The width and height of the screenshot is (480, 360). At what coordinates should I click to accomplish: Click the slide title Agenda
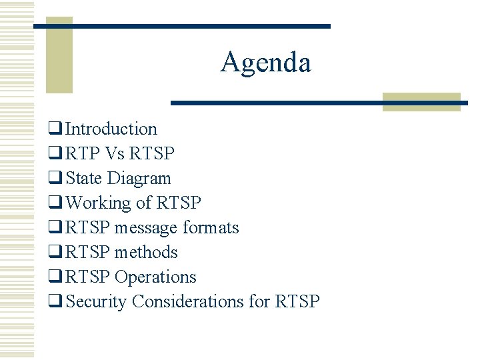coord(265,63)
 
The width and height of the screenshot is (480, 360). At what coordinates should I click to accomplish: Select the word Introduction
coord(111,129)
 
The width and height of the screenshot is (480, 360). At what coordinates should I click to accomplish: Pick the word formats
coord(210,227)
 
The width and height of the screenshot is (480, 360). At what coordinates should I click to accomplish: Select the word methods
coord(146,252)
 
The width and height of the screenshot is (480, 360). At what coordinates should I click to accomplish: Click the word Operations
coord(155,277)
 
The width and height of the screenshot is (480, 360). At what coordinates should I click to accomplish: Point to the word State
coord(84,178)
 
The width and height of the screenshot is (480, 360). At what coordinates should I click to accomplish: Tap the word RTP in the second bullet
coord(82,153)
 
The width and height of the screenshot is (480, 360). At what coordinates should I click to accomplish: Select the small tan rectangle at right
coord(421,101)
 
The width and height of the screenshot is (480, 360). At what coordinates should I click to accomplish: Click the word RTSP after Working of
coord(179,203)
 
